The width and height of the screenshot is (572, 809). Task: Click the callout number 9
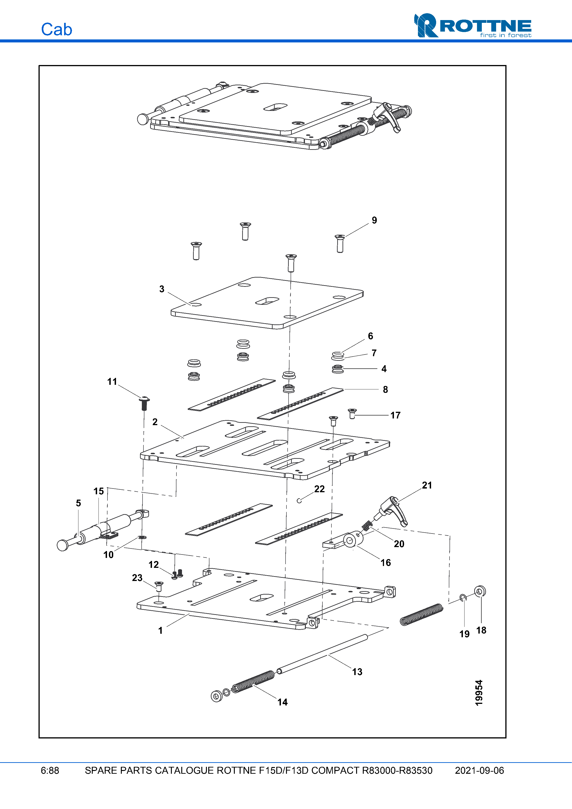pyautogui.click(x=374, y=220)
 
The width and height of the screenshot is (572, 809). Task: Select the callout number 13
pyautogui.click(x=357, y=672)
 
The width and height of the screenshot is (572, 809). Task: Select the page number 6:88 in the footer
pyautogui.click(x=50, y=770)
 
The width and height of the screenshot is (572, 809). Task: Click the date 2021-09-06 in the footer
pyautogui.click(x=479, y=770)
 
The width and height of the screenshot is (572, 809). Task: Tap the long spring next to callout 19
pyautogui.click(x=422, y=614)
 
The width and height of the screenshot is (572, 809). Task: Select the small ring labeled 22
pyautogui.click(x=299, y=501)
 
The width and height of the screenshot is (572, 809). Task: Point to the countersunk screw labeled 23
pyautogui.click(x=159, y=586)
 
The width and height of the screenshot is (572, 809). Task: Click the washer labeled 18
pyautogui.click(x=480, y=591)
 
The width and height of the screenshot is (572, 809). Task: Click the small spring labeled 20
pyautogui.click(x=367, y=525)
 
